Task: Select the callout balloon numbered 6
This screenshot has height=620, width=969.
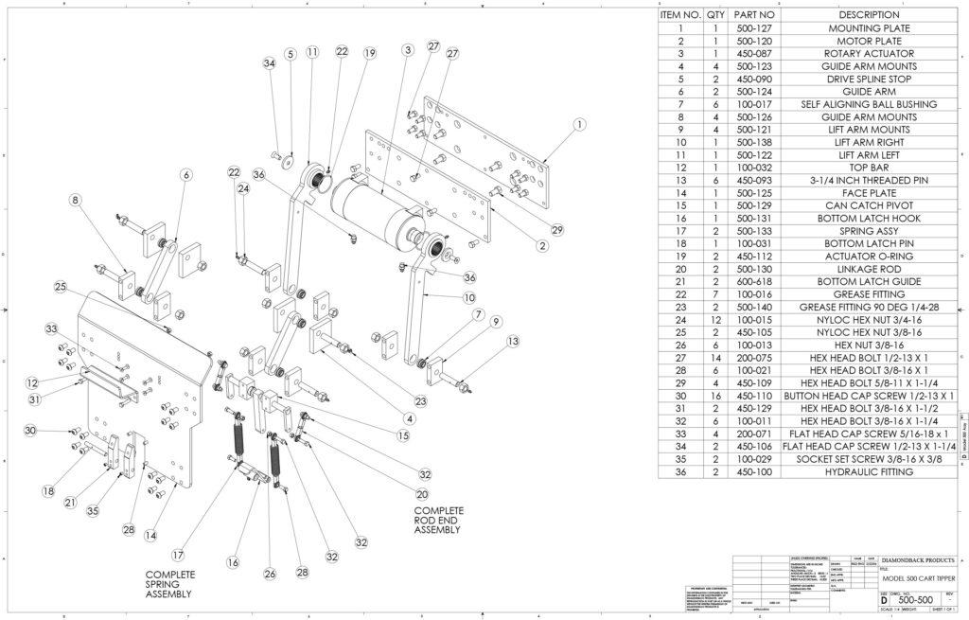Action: pyautogui.click(x=185, y=175)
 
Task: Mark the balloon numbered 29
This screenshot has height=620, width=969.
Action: pyautogui.click(x=556, y=230)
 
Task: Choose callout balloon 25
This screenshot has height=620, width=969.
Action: pyautogui.click(x=60, y=286)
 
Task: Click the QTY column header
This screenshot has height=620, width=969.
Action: pyautogui.click(x=716, y=16)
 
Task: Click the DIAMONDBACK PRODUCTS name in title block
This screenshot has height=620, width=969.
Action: pyautogui.click(x=916, y=559)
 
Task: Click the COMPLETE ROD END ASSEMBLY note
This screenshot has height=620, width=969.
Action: pyautogui.click(x=438, y=521)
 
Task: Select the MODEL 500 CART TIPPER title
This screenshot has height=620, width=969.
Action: pyautogui.click(x=916, y=578)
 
